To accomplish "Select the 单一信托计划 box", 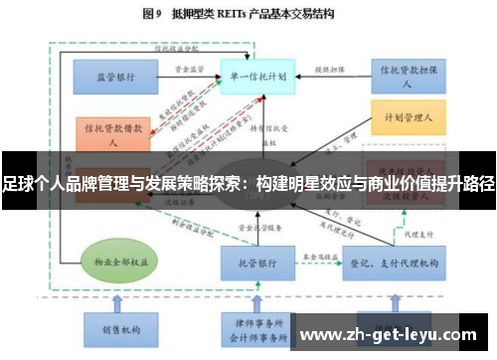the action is pos(258,75).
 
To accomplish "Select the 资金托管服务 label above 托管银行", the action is pos(260,228).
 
